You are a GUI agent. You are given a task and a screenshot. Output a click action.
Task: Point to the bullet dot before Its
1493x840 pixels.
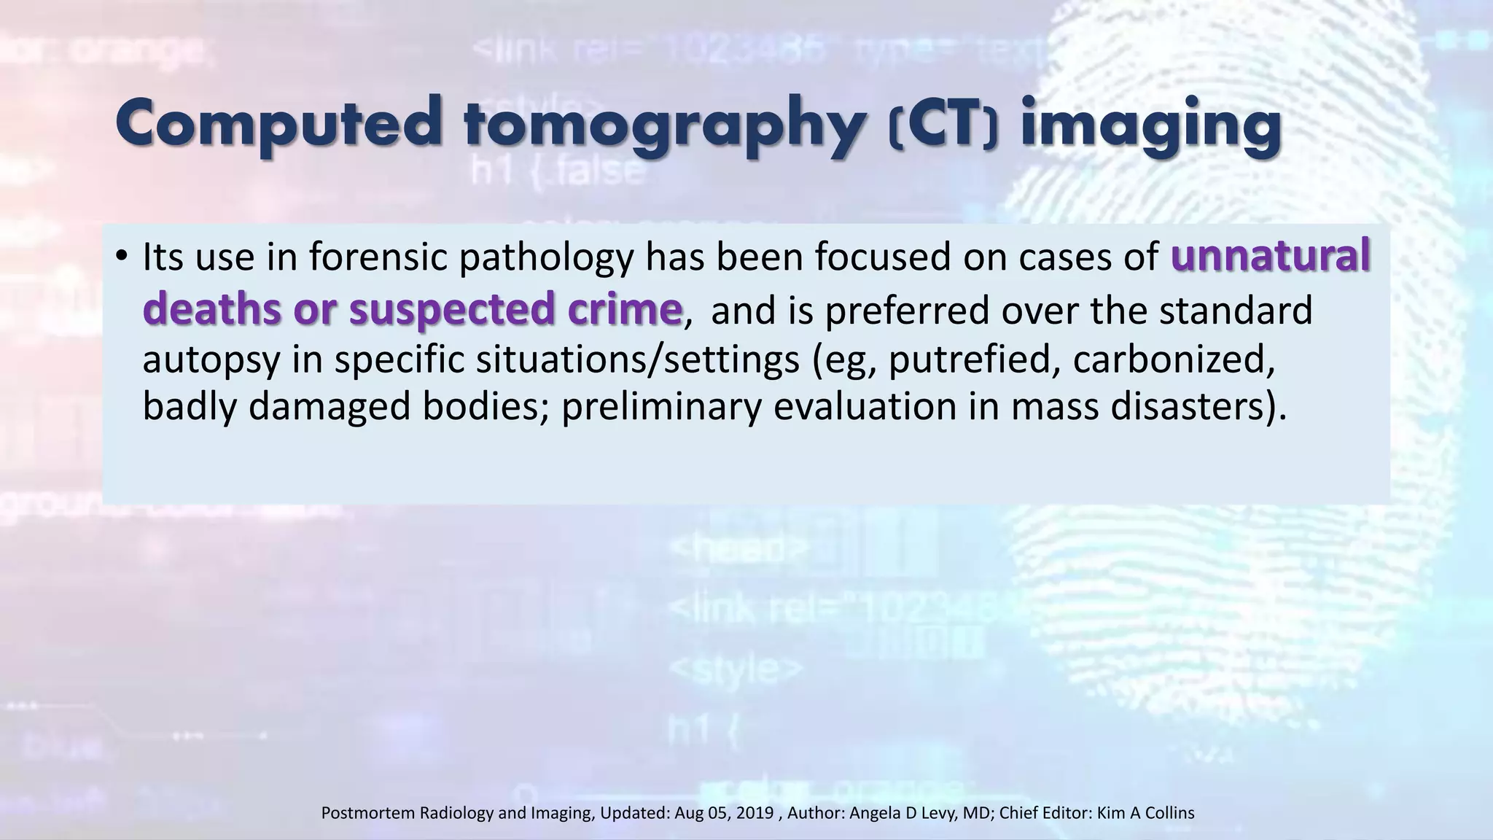tap(121, 256)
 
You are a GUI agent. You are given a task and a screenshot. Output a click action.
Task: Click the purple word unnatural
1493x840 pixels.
tap(1270, 257)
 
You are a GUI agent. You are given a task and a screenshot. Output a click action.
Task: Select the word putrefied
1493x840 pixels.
tap(973, 359)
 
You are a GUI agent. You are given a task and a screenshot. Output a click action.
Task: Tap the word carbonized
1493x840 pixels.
tap(1174, 359)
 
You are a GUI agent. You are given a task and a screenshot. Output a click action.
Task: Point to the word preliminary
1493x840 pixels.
tap(660, 407)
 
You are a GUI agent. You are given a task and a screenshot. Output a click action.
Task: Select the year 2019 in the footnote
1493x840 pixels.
tap(755, 813)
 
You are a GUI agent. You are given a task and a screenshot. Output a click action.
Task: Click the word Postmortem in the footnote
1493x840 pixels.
tap(368, 813)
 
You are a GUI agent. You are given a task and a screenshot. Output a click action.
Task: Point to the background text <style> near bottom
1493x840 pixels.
tap(736, 667)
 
